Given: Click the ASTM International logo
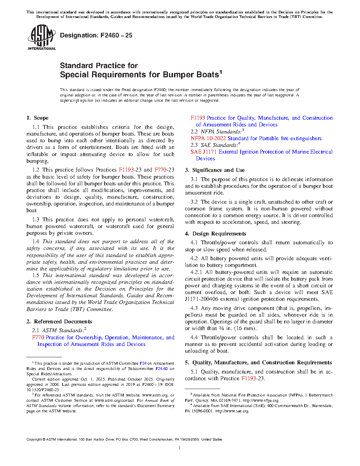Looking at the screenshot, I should pyautogui.click(x=41, y=37).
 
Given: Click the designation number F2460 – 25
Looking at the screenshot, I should pyautogui.click(x=116, y=35).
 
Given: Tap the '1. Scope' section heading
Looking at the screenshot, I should pyautogui.click(x=37, y=118).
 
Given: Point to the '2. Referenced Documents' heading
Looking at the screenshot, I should pyautogui.click(x=59, y=322).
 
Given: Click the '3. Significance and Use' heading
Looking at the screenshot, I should pyautogui.click(x=215, y=170).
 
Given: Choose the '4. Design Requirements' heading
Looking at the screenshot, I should pyautogui.click(x=215, y=234).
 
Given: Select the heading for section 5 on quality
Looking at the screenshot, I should pyautogui.click(x=258, y=363).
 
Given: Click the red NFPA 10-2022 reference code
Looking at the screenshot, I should pyautogui.click(x=208, y=138).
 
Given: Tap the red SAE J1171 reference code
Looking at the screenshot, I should pyautogui.click(x=204, y=152).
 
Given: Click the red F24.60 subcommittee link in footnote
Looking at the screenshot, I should pyautogui.click(x=162, y=369).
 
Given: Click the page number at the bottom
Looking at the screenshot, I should pyautogui.click(x=180, y=448).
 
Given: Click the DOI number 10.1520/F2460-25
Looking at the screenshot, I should pyautogui.click(x=43, y=390).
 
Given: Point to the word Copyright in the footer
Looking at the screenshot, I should pyautogui.click(x=34, y=440).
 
